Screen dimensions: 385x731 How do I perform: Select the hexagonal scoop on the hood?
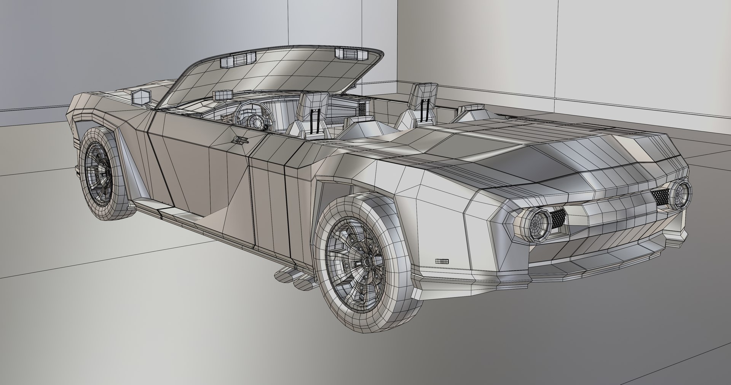click(141, 97)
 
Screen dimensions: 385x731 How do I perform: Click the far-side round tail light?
click(678, 194)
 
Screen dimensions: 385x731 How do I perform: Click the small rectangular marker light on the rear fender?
click(442, 261)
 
